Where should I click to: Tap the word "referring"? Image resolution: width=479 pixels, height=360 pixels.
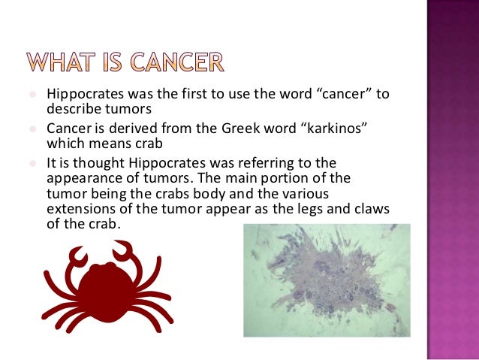pyautogui.click(x=307, y=163)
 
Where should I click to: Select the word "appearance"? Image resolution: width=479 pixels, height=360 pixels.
pyautogui.click(x=86, y=179)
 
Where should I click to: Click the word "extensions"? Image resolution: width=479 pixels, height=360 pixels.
pyautogui.click(x=83, y=210)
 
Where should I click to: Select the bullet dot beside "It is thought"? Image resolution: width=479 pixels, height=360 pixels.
pyautogui.click(x=35, y=163)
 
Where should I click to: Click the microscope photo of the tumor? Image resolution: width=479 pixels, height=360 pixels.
pyautogui.click(x=327, y=280)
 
